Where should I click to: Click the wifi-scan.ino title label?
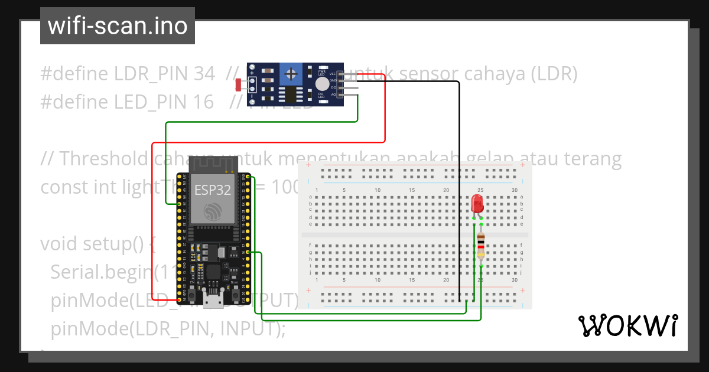pos(117,26)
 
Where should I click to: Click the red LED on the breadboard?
pos(477,205)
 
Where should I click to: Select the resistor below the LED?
pos(481,244)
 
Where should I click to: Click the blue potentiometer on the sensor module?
pos(290,74)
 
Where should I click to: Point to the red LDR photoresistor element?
pos(239,85)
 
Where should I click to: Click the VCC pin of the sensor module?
pos(341,74)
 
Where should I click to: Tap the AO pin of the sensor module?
pos(341,94)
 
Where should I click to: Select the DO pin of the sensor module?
pos(341,87)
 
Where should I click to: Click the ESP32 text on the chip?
pos(212,190)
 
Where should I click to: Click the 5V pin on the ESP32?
pos(179,299)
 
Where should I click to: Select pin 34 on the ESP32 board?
pos(179,204)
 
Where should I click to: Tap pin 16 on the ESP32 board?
pos(248,253)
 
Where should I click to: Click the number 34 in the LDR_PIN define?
pos(204,74)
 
